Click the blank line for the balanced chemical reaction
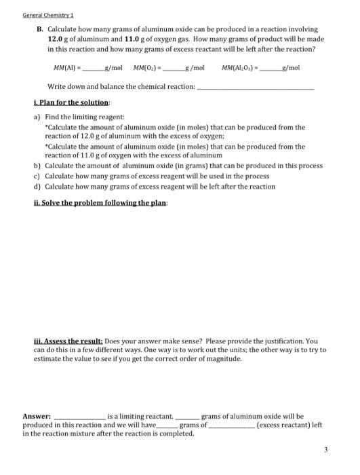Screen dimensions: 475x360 pos(256,88)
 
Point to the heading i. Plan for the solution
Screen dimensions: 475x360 pos(72,102)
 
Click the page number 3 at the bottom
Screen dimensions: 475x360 pos(325,449)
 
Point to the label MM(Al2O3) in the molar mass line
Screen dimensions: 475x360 pos(241,68)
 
